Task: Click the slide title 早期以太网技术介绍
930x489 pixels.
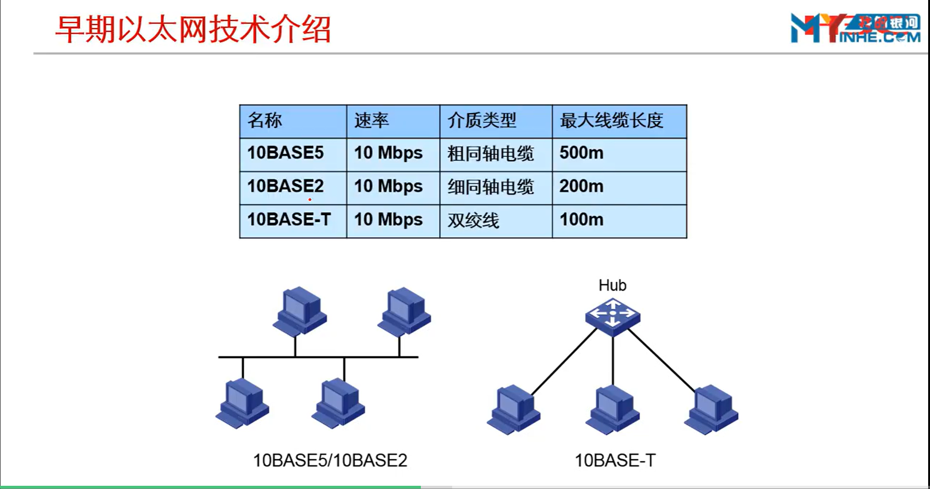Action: pyautogui.click(x=193, y=29)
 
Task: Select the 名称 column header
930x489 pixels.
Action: pyautogui.click(x=265, y=121)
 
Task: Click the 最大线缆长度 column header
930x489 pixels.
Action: pyautogui.click(x=611, y=121)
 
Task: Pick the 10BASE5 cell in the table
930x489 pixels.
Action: pyautogui.click(x=286, y=153)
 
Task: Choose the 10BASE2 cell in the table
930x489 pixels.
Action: pyautogui.click(x=286, y=186)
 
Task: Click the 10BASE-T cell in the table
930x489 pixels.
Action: pyautogui.click(x=289, y=220)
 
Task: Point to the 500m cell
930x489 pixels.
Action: pyautogui.click(x=581, y=153)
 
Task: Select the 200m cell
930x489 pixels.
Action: pyautogui.click(x=581, y=186)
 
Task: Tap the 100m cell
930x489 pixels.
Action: pyautogui.click(x=581, y=220)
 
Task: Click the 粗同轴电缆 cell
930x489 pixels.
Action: pyautogui.click(x=491, y=154)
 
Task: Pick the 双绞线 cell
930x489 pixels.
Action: pyautogui.click(x=473, y=221)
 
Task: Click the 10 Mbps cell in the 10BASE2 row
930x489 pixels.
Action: pyautogui.click(x=388, y=186)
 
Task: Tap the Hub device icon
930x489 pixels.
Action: pyautogui.click(x=613, y=316)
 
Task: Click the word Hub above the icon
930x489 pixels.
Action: pyautogui.click(x=612, y=285)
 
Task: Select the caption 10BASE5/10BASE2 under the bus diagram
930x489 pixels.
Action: pyautogui.click(x=330, y=460)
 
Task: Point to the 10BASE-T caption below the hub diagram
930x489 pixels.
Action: pyautogui.click(x=615, y=460)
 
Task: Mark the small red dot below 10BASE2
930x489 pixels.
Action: pyautogui.click(x=310, y=200)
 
